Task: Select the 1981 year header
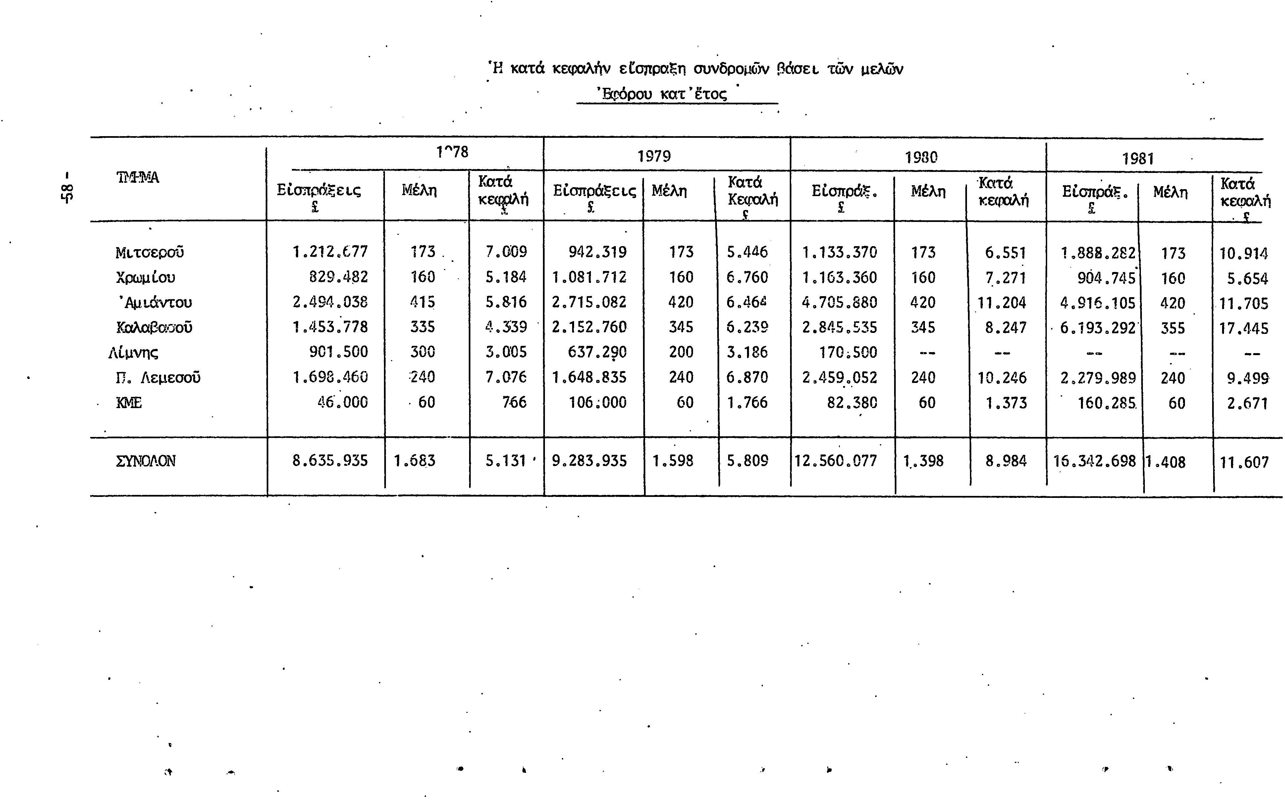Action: [1138, 159]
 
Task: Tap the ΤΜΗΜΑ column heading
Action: [137, 177]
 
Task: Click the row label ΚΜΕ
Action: [129, 402]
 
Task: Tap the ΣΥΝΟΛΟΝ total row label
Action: [145, 461]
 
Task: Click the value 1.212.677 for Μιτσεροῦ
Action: [330, 251]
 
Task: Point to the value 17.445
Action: [1244, 329]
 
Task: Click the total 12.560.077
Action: [835, 461]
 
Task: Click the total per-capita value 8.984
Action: [1006, 461]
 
